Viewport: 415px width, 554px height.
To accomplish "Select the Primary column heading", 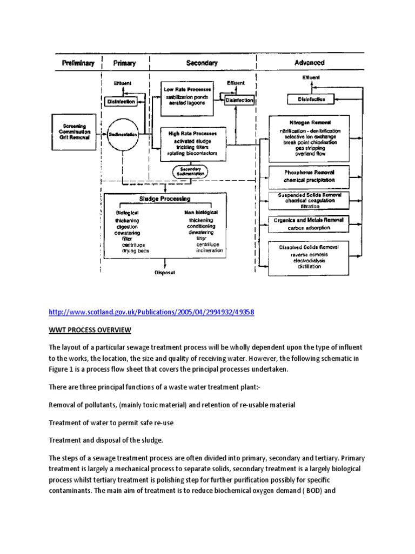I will click(124, 63).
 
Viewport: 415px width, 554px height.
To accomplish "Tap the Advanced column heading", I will click(309, 63).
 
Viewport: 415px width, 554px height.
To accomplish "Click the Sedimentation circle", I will click(123, 134).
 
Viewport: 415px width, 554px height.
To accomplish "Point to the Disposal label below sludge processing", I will click(165, 273).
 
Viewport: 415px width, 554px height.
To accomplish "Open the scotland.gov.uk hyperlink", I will click(151, 313).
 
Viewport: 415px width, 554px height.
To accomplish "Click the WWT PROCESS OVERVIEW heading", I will click(90, 330).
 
